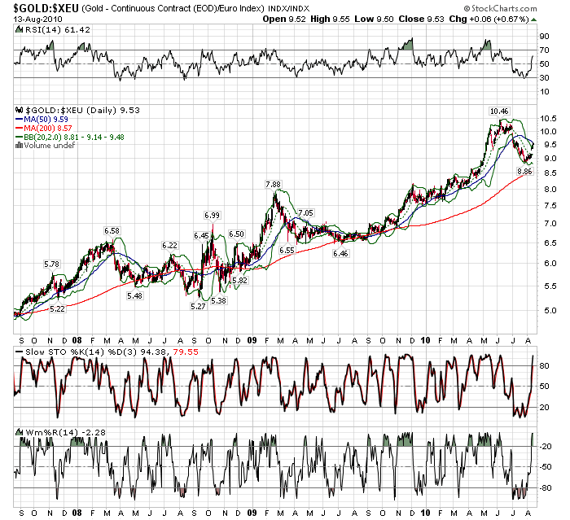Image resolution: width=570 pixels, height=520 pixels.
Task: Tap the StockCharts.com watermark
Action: [x=525, y=7]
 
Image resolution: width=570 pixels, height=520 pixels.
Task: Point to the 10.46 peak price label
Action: [x=499, y=111]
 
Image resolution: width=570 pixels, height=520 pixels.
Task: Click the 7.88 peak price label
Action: [x=273, y=185]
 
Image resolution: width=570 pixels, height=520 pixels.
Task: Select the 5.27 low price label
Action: [x=198, y=306]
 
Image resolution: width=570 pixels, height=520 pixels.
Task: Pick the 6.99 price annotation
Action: [x=212, y=215]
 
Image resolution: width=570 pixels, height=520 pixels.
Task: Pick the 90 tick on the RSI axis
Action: [x=543, y=37]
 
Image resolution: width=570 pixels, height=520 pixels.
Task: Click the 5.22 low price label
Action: [x=58, y=310]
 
